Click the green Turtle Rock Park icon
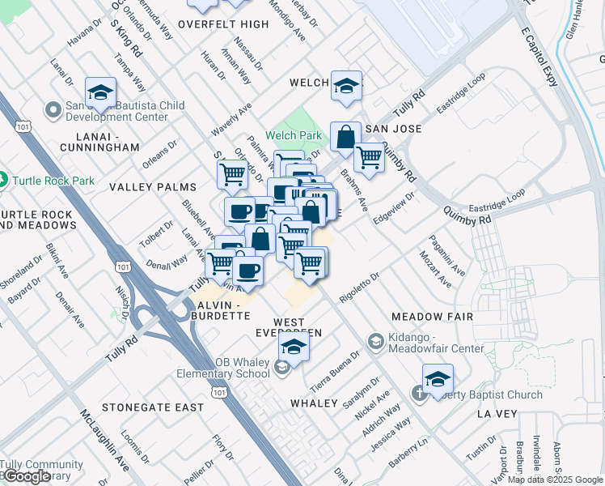coord(4,180)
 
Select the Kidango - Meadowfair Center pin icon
coord(375,342)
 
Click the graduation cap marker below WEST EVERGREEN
coord(294,347)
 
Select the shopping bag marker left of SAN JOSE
coord(345,137)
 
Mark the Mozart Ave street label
coord(435,269)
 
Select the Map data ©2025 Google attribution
coord(555,480)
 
